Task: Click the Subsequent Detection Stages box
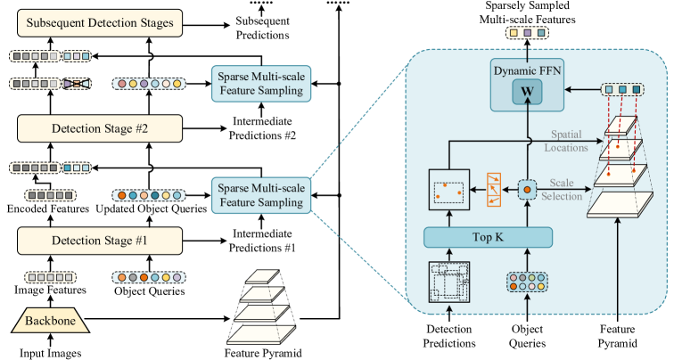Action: [x=99, y=23]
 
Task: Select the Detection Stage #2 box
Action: [x=99, y=129]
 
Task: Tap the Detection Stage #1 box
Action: [x=99, y=241]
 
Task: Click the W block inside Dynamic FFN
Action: [x=526, y=91]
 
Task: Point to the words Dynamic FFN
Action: [x=526, y=69]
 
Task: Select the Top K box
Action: [x=489, y=237]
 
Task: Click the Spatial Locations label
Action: [x=566, y=141]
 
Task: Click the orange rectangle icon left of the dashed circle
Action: [x=493, y=189]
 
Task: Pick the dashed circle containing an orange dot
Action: [x=527, y=189]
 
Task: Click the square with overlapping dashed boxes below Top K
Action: [x=449, y=283]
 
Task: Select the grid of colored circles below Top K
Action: [x=527, y=283]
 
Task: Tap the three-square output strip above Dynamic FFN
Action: [x=527, y=33]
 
